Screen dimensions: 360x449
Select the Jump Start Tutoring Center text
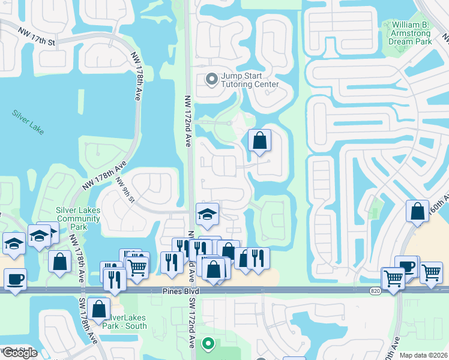tap(250, 80)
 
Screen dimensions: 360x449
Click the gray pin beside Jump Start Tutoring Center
tap(211, 79)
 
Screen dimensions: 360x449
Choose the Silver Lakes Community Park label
tap(78, 218)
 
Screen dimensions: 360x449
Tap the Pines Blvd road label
tap(180, 291)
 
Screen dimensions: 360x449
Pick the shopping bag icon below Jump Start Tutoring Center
tap(259, 142)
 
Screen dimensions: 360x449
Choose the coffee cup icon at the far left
tap(15, 279)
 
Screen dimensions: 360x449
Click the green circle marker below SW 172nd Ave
tap(208, 344)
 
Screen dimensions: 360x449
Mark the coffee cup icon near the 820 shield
tap(408, 266)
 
